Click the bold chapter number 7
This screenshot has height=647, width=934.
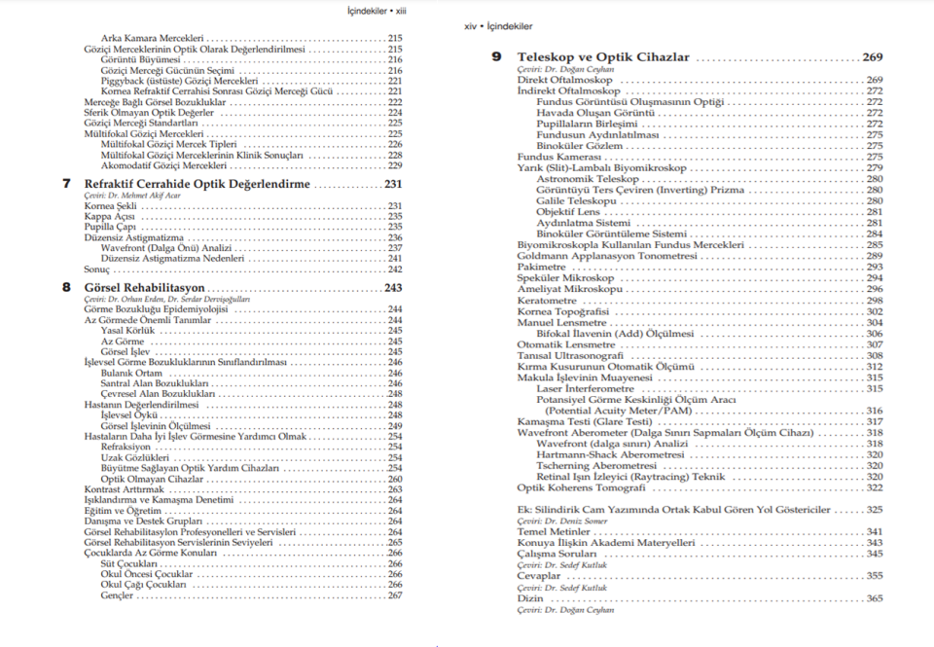66,183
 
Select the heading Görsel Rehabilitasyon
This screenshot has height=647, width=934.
144,288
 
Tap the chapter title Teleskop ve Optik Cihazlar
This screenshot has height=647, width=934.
603,57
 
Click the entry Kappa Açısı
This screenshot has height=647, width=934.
109,216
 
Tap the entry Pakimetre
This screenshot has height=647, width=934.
542,267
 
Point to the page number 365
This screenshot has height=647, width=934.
874,598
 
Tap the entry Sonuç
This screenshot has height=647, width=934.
97,269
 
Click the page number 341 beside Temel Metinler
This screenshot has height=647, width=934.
874,532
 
